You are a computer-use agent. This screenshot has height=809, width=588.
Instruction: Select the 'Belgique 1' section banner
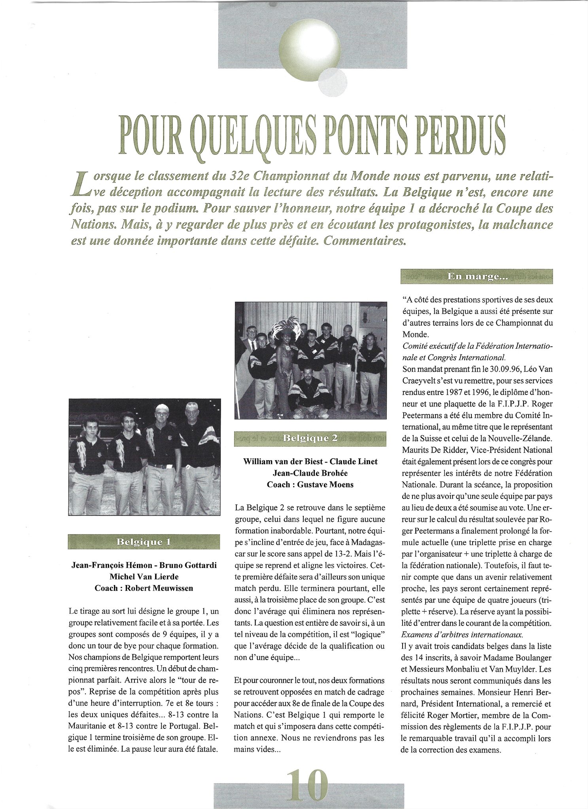[x=144, y=542]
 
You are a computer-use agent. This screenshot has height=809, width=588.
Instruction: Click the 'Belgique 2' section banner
[x=310, y=438]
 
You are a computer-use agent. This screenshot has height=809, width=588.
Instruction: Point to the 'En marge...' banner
[x=477, y=277]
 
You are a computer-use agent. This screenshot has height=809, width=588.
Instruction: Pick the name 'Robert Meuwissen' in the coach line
[x=159, y=588]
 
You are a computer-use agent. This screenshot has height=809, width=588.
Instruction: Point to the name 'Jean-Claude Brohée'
[x=309, y=473]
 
